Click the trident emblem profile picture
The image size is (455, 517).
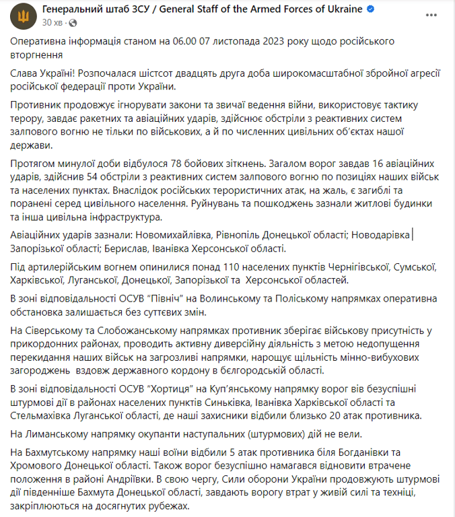23,15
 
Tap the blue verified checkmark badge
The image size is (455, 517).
370,9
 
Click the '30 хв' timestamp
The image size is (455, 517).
52,22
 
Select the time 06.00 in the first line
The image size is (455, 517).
180,41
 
